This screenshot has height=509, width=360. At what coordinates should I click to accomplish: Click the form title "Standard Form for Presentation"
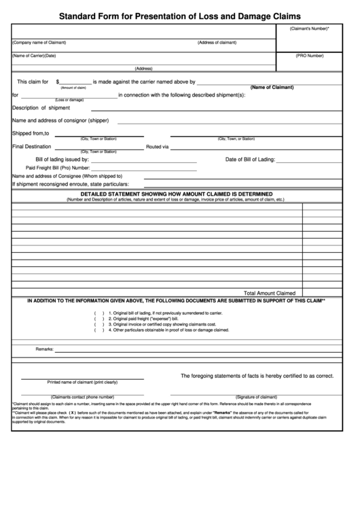click(180, 14)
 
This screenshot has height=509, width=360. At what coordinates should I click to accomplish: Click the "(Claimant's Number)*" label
click(309, 29)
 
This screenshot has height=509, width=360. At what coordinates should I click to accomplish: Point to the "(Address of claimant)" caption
click(217, 43)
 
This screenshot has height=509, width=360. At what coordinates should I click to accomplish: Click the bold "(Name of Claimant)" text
click(272, 88)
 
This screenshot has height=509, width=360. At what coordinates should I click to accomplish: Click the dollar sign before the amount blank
click(58, 82)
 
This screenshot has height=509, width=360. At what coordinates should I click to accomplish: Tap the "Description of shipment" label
click(41, 107)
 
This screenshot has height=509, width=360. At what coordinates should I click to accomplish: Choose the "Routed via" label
click(157, 146)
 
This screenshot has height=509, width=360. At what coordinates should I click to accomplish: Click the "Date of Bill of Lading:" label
click(250, 159)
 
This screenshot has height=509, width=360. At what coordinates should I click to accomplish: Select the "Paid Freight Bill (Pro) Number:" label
click(58, 167)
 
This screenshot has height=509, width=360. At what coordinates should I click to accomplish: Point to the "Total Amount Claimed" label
click(270, 293)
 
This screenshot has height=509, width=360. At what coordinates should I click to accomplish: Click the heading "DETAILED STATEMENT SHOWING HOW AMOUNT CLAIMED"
click(176, 194)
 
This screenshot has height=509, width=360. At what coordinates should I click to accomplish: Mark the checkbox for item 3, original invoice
click(99, 324)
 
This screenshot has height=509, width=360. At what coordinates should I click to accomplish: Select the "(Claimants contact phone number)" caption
click(82, 397)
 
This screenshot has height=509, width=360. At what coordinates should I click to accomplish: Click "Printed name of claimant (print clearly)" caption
click(82, 382)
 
